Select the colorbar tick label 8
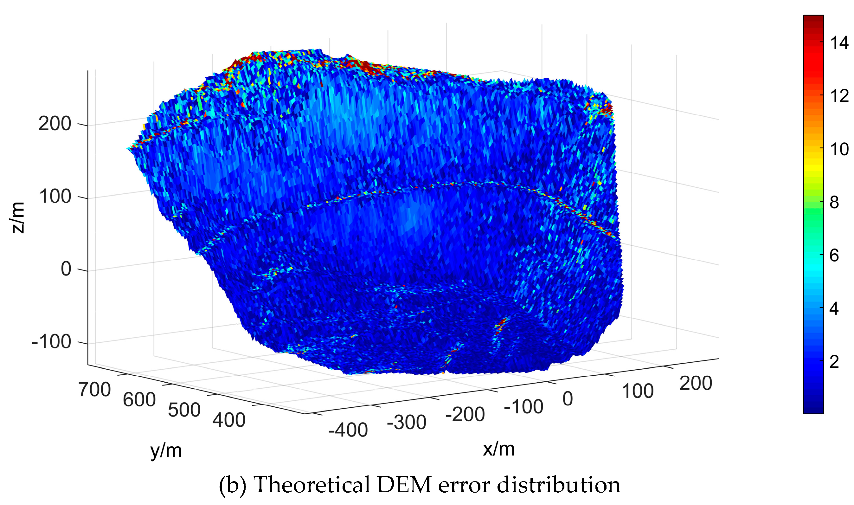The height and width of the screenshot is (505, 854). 834,203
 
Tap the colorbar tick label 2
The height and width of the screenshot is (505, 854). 834,362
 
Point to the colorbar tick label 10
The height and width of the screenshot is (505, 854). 839,149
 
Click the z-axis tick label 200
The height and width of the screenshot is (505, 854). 55,124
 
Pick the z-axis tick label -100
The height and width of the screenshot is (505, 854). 51,341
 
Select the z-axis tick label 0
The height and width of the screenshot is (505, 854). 66,269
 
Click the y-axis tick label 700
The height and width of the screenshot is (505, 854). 94,390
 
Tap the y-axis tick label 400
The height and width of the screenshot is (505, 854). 229,420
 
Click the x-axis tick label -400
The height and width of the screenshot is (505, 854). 348,430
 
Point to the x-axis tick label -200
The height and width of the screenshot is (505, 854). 465,414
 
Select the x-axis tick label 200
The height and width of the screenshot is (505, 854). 696,384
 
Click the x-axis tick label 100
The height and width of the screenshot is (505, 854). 638,391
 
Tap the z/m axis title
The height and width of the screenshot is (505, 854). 18,217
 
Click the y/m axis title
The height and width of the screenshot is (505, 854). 166,451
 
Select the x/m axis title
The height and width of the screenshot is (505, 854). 498,449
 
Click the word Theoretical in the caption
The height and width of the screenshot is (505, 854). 312,485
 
